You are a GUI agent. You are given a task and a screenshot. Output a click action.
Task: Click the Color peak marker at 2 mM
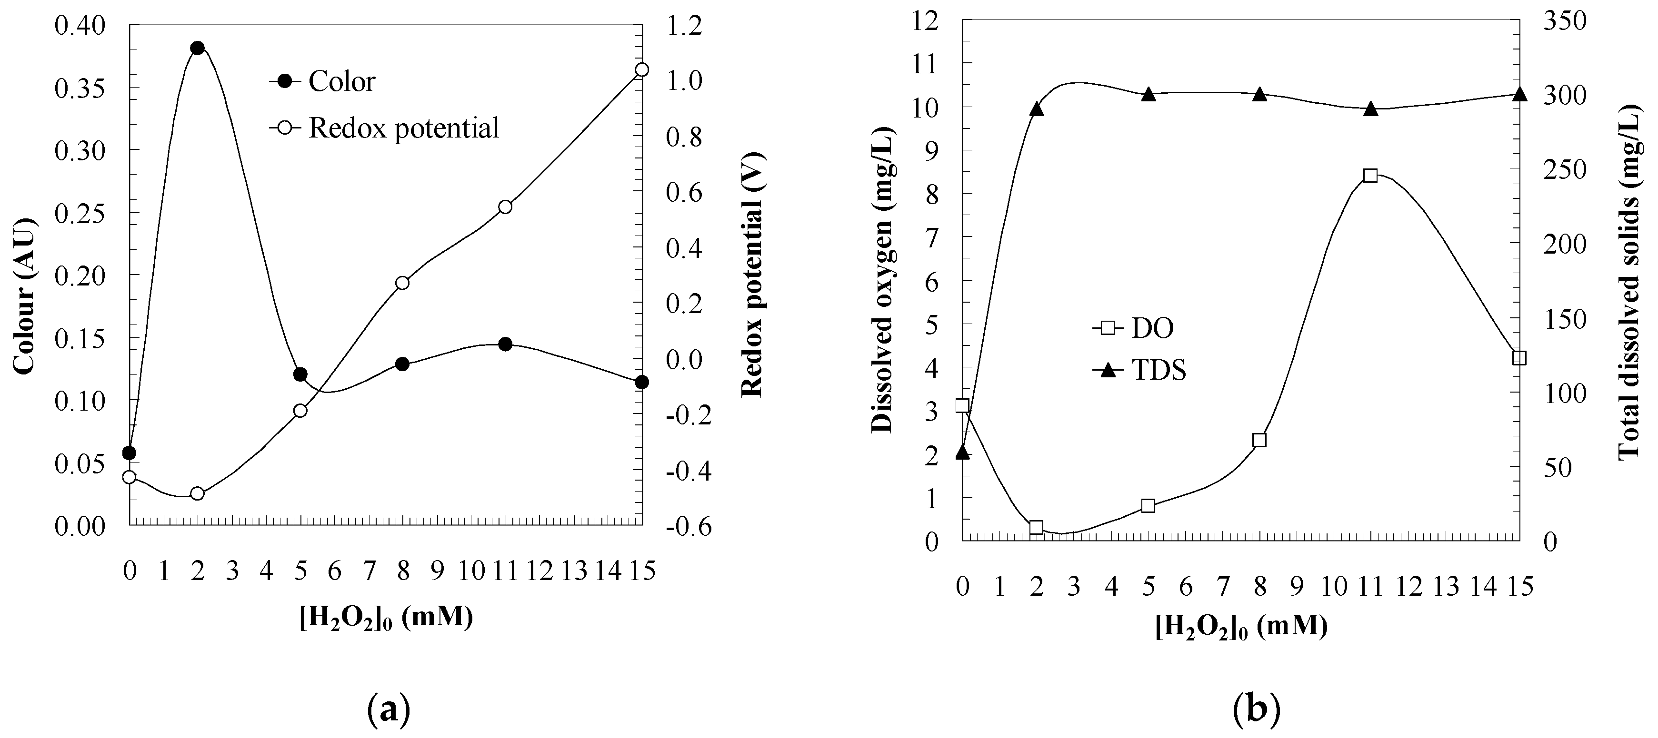(x=198, y=48)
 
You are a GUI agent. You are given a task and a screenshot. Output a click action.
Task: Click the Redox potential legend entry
(x=384, y=128)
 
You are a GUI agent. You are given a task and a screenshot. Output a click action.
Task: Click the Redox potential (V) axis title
(x=752, y=275)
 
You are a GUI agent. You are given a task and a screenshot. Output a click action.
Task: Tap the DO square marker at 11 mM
(x=1370, y=176)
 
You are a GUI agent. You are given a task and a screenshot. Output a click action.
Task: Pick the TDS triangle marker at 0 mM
(x=962, y=453)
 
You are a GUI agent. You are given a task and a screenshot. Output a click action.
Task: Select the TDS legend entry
(x=1139, y=371)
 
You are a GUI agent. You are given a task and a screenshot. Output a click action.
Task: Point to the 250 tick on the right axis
(x=1566, y=170)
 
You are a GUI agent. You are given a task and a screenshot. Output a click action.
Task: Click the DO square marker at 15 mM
(x=1519, y=358)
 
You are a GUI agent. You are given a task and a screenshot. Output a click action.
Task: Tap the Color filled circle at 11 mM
(x=505, y=344)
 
